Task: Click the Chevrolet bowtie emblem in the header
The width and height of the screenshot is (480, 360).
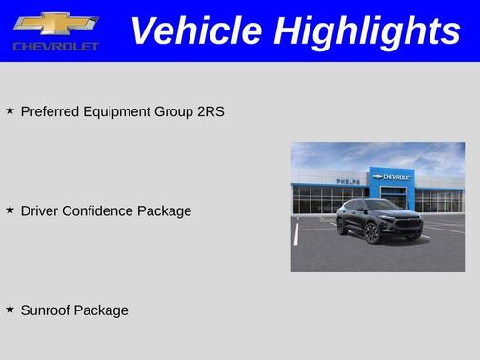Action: pyautogui.click(x=56, y=24)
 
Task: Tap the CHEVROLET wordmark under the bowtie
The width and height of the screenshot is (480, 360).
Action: pyautogui.click(x=56, y=46)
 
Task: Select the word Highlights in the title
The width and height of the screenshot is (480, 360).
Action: pyautogui.click(x=368, y=30)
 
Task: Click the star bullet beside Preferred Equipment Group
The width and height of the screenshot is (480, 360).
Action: pyautogui.click(x=10, y=110)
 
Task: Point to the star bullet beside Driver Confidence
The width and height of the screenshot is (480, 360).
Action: pyautogui.click(x=10, y=210)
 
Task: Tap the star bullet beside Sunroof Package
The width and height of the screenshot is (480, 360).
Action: pyautogui.click(x=10, y=310)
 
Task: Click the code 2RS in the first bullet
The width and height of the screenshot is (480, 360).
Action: pyautogui.click(x=210, y=111)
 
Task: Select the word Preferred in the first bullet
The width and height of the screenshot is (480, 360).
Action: pyautogui.click(x=50, y=111)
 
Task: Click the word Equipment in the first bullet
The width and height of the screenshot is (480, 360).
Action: pyautogui.click(x=116, y=111)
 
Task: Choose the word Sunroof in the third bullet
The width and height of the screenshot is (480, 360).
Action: pyautogui.click(x=48, y=310)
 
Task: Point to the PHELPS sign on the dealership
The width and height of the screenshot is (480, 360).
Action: pyautogui.click(x=348, y=181)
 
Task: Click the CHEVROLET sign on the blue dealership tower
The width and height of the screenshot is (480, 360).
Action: pyautogui.click(x=392, y=177)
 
